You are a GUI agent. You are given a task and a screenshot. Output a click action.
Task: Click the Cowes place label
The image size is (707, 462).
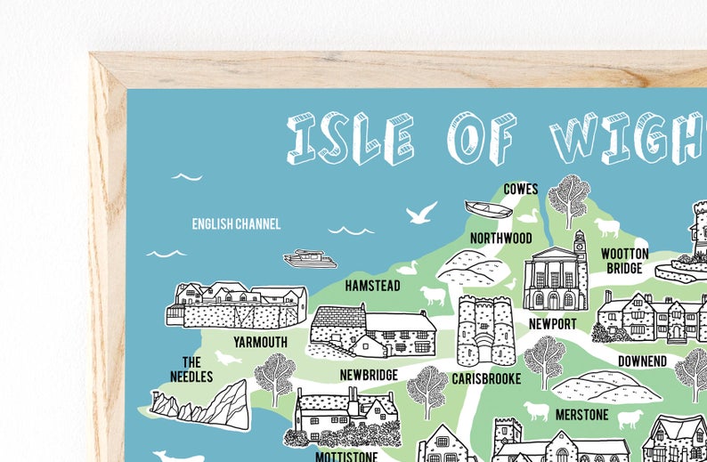coord(521,189)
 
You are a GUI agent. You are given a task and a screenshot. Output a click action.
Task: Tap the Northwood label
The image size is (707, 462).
coord(501,239)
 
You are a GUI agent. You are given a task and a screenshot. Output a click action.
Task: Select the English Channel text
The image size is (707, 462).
coord(236,224)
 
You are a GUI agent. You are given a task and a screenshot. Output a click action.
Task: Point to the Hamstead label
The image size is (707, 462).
coord(372,287)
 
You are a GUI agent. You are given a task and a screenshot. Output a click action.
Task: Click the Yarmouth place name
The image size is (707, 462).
coord(260,342)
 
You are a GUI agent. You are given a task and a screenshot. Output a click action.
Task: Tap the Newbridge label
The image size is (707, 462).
coord(369,376)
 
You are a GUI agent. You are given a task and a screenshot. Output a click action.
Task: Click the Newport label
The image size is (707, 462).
coord(552,324)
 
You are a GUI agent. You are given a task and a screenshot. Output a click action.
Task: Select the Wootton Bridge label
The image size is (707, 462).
coord(624,261)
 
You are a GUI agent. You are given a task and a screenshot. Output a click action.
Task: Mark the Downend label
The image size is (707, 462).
coord(642,361)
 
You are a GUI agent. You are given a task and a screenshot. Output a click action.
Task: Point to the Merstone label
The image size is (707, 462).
coord(581,415)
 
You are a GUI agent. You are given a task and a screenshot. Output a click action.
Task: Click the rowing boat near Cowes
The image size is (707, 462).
coord(489,209)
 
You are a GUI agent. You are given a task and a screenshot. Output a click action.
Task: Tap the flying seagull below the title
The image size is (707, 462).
coord(421,213)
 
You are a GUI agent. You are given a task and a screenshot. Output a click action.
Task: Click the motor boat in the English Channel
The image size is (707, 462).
coord(310,258)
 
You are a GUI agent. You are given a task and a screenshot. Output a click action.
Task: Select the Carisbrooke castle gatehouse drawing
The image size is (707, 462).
coord(486,330)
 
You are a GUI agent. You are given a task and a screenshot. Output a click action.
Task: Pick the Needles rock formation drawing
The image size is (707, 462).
coord(200,405)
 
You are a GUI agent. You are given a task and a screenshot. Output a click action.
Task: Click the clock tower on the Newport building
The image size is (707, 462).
coord(580,246)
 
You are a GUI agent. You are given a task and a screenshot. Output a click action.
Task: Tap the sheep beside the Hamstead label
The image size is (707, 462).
coord(433,296)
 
